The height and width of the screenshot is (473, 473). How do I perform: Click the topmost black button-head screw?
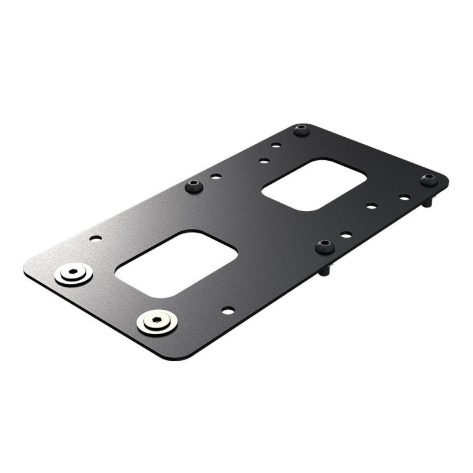tap(302, 129)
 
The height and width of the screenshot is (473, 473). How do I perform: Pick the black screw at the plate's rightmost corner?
tap(429, 179)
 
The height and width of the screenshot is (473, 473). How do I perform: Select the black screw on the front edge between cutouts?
tap(323, 247)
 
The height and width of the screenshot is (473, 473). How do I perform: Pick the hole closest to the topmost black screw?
tap(276, 145)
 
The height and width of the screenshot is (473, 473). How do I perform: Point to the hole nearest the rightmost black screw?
tap(404, 197)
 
